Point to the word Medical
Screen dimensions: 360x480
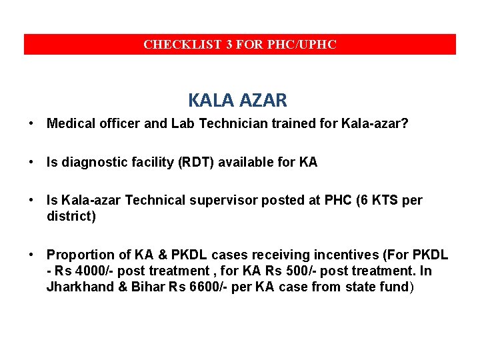coord(70,123)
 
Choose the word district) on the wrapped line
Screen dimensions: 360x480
coord(71,216)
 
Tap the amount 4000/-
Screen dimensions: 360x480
coord(91,271)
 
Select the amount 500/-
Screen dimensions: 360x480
coord(289,271)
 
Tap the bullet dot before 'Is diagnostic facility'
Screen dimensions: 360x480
coord(31,162)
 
